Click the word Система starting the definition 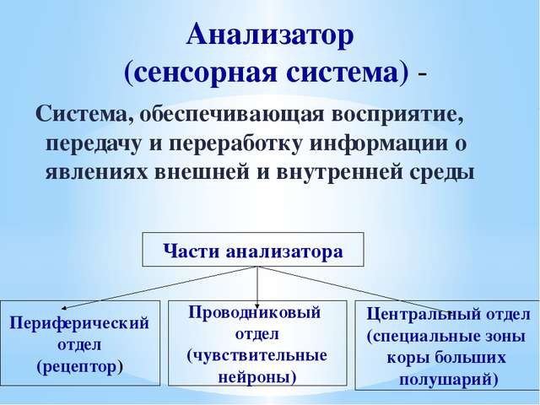coord(80,114)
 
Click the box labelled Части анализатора coord(253,251)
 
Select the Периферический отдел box coord(79,344)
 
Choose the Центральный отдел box coord(447,344)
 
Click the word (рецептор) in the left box coord(79,367)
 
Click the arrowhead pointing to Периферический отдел coord(66,309)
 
